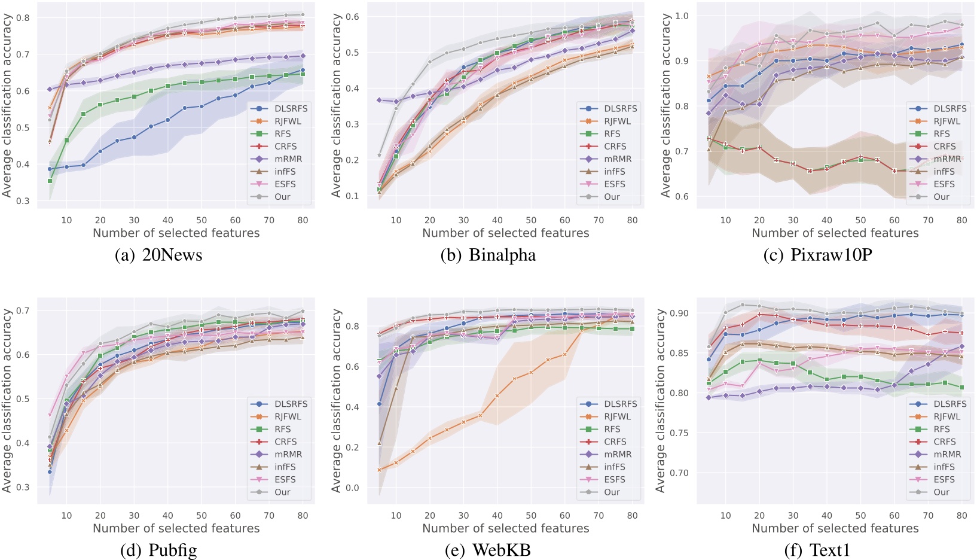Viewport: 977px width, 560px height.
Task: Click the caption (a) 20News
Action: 158,255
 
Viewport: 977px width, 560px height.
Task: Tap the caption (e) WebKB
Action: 487,550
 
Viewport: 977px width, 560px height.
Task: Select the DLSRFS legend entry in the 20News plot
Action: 291,108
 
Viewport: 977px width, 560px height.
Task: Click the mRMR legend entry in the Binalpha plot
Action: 618,159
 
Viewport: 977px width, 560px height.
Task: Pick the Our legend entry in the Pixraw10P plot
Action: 941,197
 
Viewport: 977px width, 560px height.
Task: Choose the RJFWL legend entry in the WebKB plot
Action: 617,416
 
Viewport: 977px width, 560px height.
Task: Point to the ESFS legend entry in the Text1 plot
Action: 944,479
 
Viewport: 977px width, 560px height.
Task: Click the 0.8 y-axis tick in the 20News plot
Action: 23,18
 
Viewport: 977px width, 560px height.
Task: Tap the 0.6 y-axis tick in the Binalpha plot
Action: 352,17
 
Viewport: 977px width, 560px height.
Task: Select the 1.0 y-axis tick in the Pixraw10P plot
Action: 682,16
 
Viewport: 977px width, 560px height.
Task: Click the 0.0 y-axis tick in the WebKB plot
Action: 352,488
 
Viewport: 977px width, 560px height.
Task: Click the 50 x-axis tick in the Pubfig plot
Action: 202,516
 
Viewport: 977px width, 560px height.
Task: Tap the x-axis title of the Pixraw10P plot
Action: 835,233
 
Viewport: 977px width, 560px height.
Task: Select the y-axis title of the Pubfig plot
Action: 7,400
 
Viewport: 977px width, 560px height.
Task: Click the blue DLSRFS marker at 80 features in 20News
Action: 303,70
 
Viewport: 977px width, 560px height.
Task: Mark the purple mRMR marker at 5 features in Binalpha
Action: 379,100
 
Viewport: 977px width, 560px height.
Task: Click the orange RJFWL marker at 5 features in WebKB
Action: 379,470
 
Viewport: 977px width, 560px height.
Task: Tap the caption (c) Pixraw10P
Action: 817,255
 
